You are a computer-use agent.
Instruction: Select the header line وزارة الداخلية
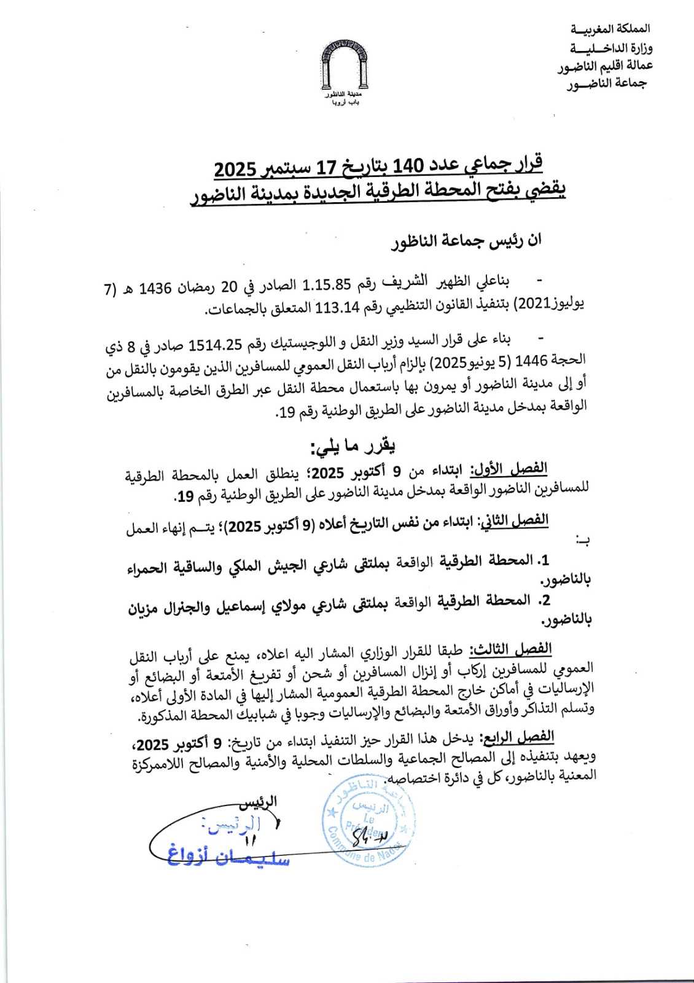point(610,47)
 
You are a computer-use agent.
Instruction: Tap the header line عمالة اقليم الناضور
point(605,65)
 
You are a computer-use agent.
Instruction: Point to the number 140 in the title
point(408,166)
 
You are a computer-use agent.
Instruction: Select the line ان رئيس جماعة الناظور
point(467,241)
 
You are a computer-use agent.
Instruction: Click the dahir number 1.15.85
point(326,284)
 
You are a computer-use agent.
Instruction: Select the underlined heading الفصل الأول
point(509,469)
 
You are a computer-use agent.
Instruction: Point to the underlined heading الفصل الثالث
point(511,649)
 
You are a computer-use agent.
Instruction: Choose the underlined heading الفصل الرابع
point(519,737)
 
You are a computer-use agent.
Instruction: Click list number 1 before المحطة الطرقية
point(543,560)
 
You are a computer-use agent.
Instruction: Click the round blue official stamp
point(368,821)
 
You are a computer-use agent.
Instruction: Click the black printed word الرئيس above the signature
point(258,801)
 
